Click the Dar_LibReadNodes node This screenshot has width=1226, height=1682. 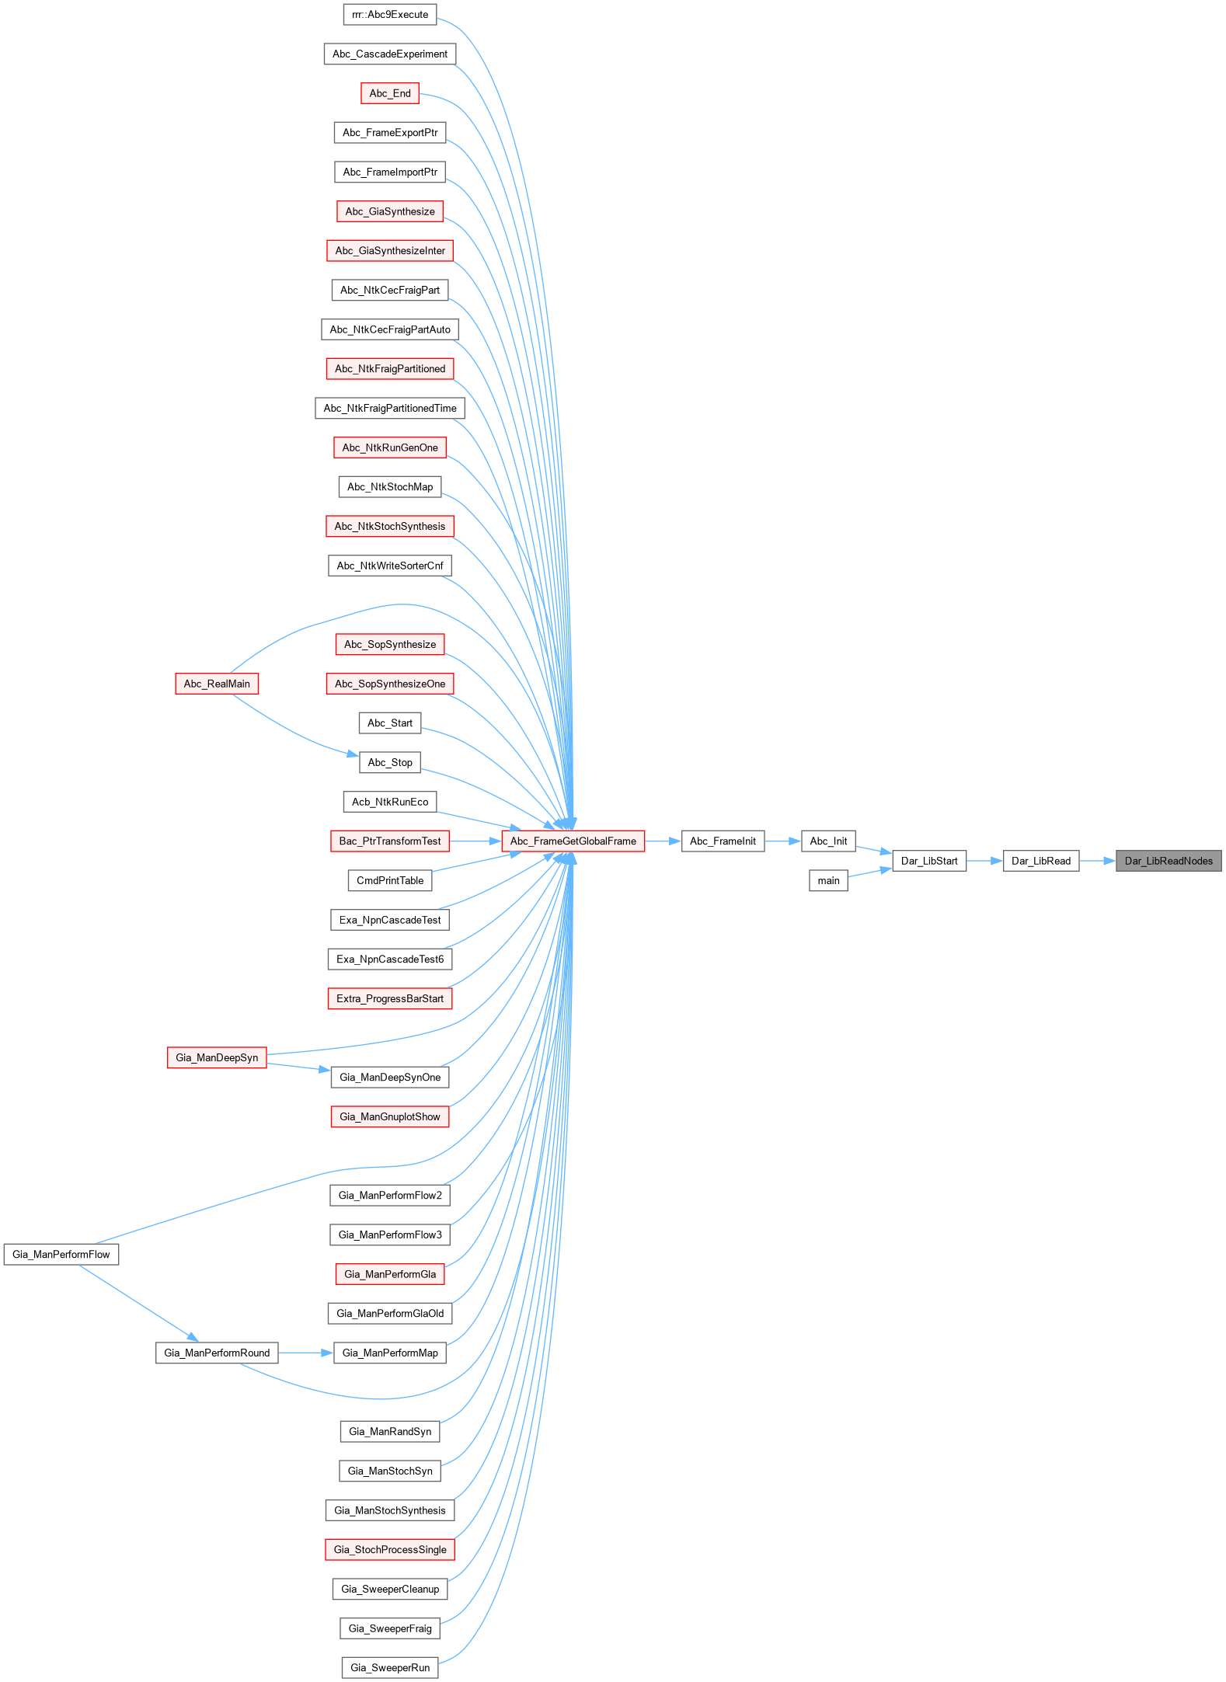point(1169,861)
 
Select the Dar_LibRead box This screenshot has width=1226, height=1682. point(1041,861)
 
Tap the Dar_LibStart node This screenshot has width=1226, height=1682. point(929,861)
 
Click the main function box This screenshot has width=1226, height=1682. point(828,880)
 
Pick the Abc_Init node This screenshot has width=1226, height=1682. point(828,841)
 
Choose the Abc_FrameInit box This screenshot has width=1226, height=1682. point(723,841)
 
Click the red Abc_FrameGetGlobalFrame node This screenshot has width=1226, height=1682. point(573,841)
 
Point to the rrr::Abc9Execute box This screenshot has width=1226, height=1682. point(390,14)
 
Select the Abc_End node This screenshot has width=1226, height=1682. point(390,93)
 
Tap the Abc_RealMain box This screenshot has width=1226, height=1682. point(217,684)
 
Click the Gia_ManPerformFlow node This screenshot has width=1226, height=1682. point(61,1254)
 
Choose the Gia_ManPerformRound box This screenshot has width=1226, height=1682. point(217,1353)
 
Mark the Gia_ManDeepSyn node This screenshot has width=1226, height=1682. point(217,1057)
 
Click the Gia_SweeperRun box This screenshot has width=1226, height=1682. point(390,1667)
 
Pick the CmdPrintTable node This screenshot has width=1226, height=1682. point(390,880)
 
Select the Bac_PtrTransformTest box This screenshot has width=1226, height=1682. point(390,841)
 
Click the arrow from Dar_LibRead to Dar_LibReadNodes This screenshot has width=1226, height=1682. point(1098,861)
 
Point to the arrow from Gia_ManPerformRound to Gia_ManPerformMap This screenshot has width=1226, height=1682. point(306,1353)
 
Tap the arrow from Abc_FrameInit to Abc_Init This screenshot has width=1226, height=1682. point(783,841)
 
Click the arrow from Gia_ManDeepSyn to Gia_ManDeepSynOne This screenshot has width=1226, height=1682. point(298,1067)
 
